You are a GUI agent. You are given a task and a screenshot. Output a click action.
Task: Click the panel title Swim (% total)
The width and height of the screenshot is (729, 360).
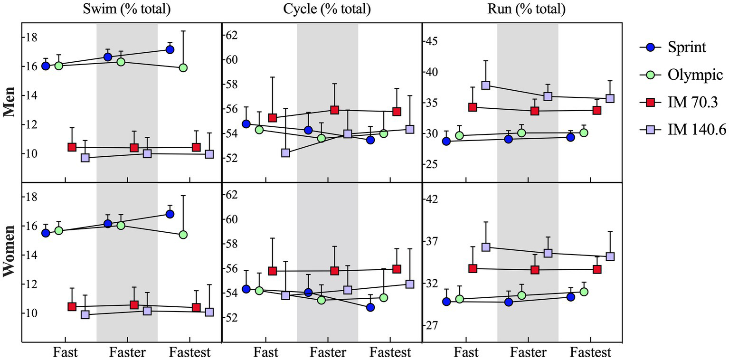127,9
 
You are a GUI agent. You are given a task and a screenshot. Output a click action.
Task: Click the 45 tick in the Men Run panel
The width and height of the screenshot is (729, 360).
433,41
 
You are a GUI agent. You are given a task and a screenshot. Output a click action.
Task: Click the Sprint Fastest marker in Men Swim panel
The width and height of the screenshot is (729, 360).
170,49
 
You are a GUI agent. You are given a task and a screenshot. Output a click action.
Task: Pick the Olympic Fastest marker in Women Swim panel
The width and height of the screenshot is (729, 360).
183,235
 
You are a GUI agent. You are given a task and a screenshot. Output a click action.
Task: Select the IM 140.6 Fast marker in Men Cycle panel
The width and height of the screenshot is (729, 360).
285,153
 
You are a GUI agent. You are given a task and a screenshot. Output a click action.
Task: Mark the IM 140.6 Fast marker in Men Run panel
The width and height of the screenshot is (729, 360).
485,85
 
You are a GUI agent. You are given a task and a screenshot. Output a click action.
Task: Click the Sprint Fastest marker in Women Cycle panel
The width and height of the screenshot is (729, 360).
370,307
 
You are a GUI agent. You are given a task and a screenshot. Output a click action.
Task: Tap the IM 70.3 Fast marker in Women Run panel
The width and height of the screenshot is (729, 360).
473,268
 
